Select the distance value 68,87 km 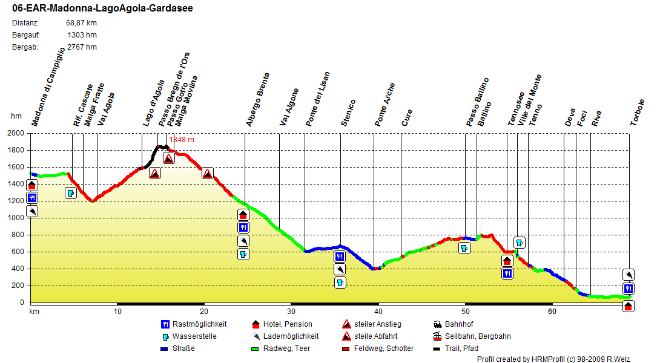tap(81, 23)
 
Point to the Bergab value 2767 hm tap(81, 47)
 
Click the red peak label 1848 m tap(182, 140)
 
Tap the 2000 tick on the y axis tap(16, 133)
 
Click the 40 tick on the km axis tap(378, 312)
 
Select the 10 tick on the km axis tap(117, 312)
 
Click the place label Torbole tap(637, 112)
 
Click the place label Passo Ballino tap(478, 102)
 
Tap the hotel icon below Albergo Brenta tap(243, 215)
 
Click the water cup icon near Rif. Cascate tap(70, 194)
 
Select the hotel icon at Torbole tap(629, 306)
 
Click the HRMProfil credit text tap(553, 359)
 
